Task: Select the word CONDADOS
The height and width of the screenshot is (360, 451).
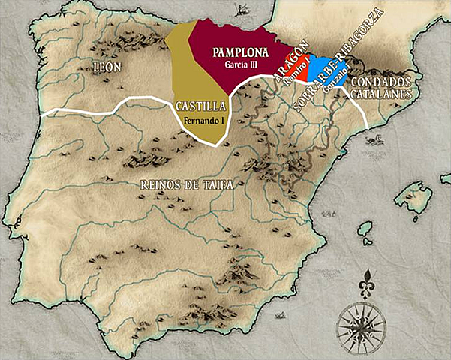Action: tap(383, 81)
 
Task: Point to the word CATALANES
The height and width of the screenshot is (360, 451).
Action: tap(383, 94)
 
